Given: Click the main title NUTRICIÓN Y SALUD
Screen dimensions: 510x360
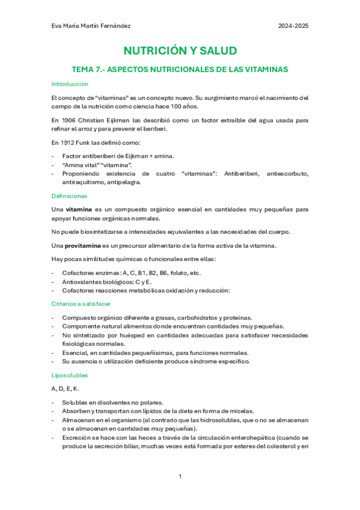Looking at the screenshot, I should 180,51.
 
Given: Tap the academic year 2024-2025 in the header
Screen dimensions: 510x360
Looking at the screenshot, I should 293,26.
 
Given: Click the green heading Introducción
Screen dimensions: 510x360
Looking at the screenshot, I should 70,84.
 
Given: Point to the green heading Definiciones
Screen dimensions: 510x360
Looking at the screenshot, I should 70,196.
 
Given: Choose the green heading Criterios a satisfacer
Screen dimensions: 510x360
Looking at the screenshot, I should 81,304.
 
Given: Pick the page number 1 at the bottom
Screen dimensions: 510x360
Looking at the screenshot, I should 180,476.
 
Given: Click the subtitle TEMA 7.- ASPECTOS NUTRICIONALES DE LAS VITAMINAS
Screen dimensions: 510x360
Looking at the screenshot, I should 180,69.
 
